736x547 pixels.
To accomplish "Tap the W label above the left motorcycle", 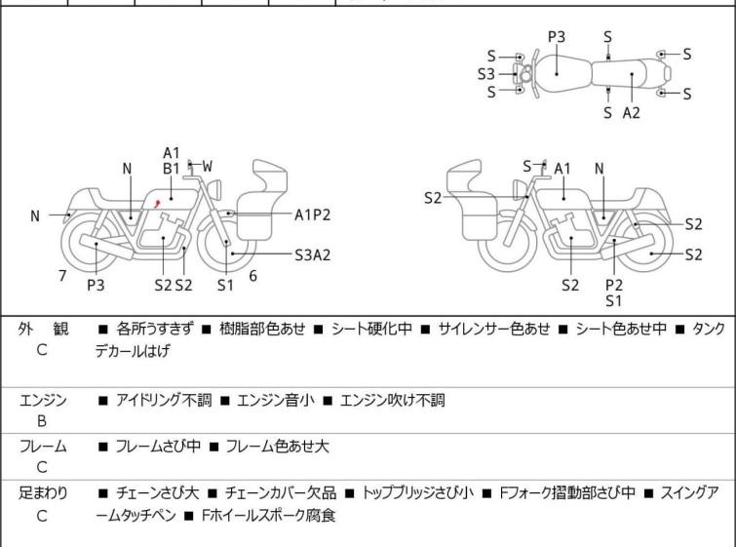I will click(207, 166).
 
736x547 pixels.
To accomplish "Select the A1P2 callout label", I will click(313, 214).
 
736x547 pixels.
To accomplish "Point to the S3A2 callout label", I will click(313, 255).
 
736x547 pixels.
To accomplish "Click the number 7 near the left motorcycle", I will click(62, 276).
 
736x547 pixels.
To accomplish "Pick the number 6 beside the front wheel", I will click(252, 276).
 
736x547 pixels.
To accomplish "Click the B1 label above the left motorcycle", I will click(172, 169).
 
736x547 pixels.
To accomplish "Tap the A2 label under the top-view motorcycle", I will click(632, 113).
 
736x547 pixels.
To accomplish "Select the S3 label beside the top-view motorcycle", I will click(486, 74).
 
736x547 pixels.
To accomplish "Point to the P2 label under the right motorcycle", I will click(614, 285).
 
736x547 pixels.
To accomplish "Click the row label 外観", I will click(42, 330).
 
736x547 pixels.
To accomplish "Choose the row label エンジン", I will click(43, 399).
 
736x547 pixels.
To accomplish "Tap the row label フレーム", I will click(43, 447).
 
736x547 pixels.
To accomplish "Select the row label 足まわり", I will click(43, 493).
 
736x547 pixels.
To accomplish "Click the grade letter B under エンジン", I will click(42, 422).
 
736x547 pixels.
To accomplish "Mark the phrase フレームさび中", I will click(158, 447).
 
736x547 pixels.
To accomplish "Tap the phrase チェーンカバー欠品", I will click(281, 493).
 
